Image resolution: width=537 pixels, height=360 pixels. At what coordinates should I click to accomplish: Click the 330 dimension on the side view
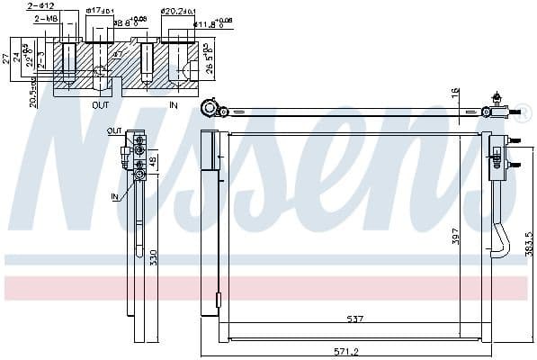coord(156,258)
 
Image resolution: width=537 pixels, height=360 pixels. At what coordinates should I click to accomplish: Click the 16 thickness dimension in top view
coord(456,93)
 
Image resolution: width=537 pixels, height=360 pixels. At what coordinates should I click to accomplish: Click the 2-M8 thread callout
coord(46,18)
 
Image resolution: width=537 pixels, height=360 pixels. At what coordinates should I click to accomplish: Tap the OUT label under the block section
coord(101,105)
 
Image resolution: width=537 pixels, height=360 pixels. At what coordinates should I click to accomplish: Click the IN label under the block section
coord(174,105)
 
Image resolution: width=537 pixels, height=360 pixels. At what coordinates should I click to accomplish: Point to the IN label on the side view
coord(114,196)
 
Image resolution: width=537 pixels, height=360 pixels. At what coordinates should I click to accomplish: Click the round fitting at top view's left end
coord(209,109)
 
